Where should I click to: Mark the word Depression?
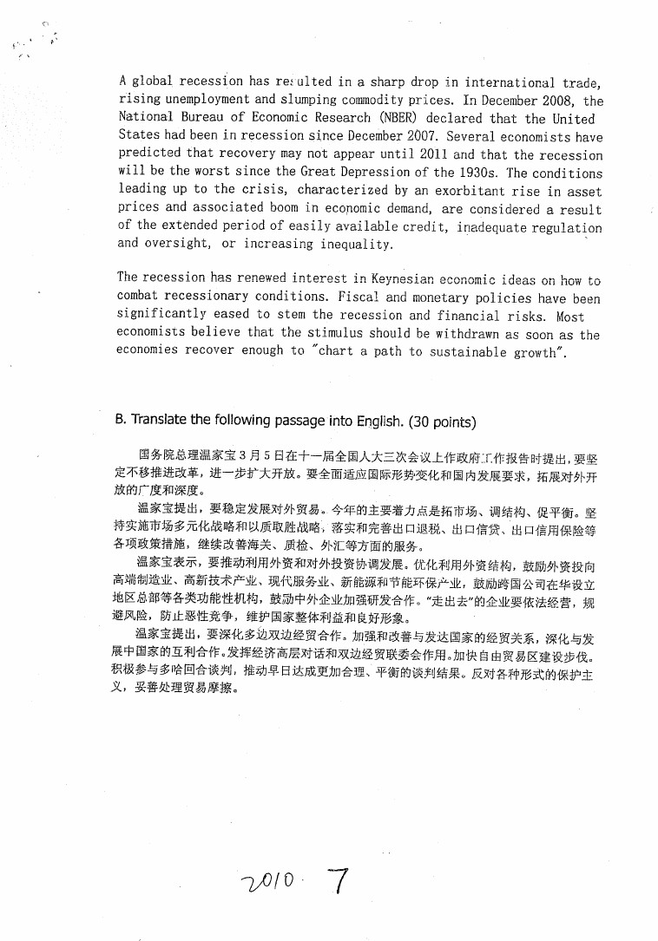coord(375,173)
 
